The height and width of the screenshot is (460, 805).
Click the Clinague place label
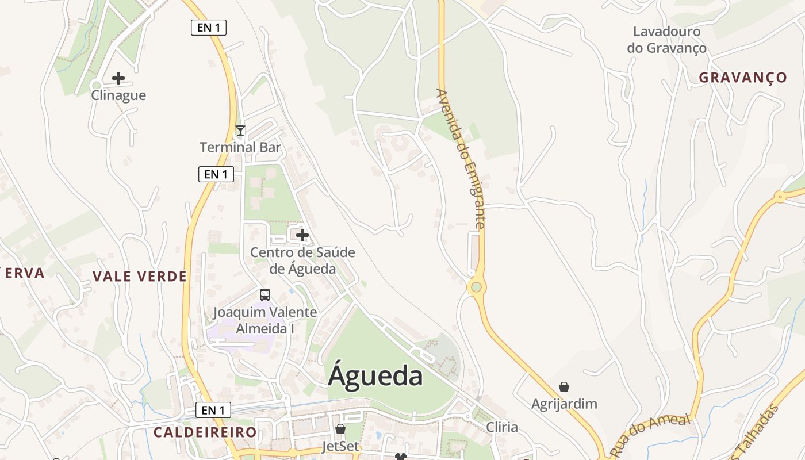point(118,95)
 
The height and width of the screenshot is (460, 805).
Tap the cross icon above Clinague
point(118,78)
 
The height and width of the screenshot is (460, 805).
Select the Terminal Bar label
point(240,147)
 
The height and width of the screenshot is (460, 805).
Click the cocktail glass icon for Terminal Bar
point(240,131)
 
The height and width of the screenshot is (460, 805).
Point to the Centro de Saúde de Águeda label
point(302,260)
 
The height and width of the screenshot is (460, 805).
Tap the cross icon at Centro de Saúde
point(302,235)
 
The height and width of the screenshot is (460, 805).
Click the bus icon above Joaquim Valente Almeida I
point(265,295)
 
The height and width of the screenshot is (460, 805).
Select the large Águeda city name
point(375,376)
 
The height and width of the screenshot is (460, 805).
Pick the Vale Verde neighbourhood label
point(140,277)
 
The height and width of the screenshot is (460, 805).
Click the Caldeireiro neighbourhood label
point(205,432)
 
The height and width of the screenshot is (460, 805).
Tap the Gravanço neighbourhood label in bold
point(743,78)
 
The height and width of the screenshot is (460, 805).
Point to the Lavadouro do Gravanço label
point(667,40)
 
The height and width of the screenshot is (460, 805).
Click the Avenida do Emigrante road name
point(461,158)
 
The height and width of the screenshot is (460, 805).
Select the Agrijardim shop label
point(564,404)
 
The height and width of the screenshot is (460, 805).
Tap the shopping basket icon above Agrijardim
point(564,387)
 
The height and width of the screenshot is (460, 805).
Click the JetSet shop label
point(340,446)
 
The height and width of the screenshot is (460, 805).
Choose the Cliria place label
point(502,427)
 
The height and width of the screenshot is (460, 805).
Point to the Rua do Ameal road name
point(650,435)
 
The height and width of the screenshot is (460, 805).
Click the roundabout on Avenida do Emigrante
point(476,287)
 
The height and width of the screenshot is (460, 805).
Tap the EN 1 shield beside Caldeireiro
point(213,410)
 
